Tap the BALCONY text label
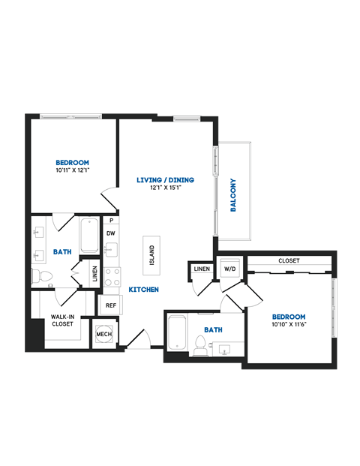(x=234, y=195)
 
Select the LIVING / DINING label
(x=166, y=179)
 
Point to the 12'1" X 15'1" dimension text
(x=166, y=188)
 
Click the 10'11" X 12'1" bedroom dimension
(x=73, y=172)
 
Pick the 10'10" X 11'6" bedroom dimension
(x=289, y=324)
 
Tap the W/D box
(x=228, y=269)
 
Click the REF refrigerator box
(x=110, y=305)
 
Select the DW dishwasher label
(x=110, y=233)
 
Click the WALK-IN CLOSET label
(x=62, y=320)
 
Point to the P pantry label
(x=111, y=221)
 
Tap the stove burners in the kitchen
(x=112, y=277)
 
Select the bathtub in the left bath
(x=88, y=235)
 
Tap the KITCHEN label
(x=142, y=290)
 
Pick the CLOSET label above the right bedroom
(x=289, y=260)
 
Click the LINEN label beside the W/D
(x=201, y=269)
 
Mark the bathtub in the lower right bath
(x=177, y=333)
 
